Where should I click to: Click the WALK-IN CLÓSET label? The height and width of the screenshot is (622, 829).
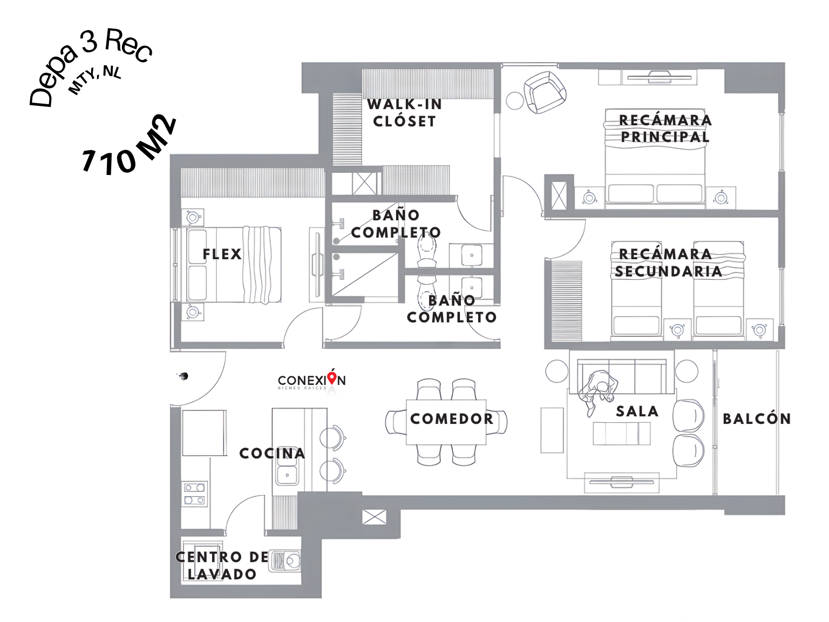click(404, 112)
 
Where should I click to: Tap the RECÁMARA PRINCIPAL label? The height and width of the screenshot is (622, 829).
click(665, 129)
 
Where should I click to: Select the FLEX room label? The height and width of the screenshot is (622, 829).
click(222, 254)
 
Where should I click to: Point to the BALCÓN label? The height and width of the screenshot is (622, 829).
click(757, 418)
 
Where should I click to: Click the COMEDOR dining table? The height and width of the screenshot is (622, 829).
click(446, 422)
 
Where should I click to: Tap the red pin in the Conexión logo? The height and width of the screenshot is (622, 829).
click(331, 377)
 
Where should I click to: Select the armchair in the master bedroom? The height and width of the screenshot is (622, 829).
click(545, 92)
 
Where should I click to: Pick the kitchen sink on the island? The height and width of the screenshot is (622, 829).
click(287, 475)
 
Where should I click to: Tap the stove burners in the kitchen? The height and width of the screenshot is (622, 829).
click(194, 494)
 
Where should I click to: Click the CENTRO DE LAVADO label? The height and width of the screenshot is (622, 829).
click(222, 566)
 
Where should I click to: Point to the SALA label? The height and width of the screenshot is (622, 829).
click(637, 411)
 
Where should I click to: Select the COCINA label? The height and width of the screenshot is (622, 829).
click(272, 453)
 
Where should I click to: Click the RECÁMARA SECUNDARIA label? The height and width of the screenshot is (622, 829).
click(668, 262)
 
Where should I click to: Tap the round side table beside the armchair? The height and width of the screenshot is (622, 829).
click(514, 101)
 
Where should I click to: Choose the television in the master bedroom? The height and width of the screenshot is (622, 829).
click(659, 77)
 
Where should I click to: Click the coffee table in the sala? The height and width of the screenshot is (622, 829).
click(621, 434)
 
